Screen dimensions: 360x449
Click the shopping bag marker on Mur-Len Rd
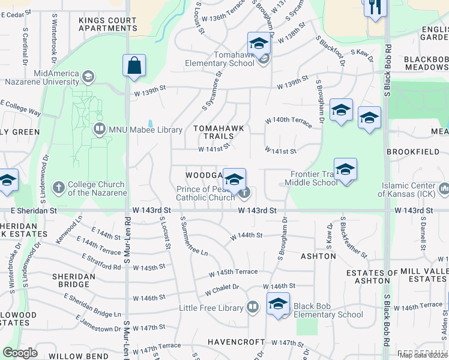(134, 65)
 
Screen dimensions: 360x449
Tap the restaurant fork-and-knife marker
(376, 8)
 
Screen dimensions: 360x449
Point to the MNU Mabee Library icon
(99, 128)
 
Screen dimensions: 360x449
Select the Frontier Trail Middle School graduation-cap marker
(345, 170)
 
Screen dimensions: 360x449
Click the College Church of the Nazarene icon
(59, 188)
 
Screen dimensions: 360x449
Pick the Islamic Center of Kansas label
(408, 189)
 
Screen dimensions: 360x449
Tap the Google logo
(20, 353)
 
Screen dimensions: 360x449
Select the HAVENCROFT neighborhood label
(236, 342)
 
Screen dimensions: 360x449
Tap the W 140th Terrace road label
(289, 122)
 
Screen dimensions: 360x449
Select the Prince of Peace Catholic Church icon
(245, 193)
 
